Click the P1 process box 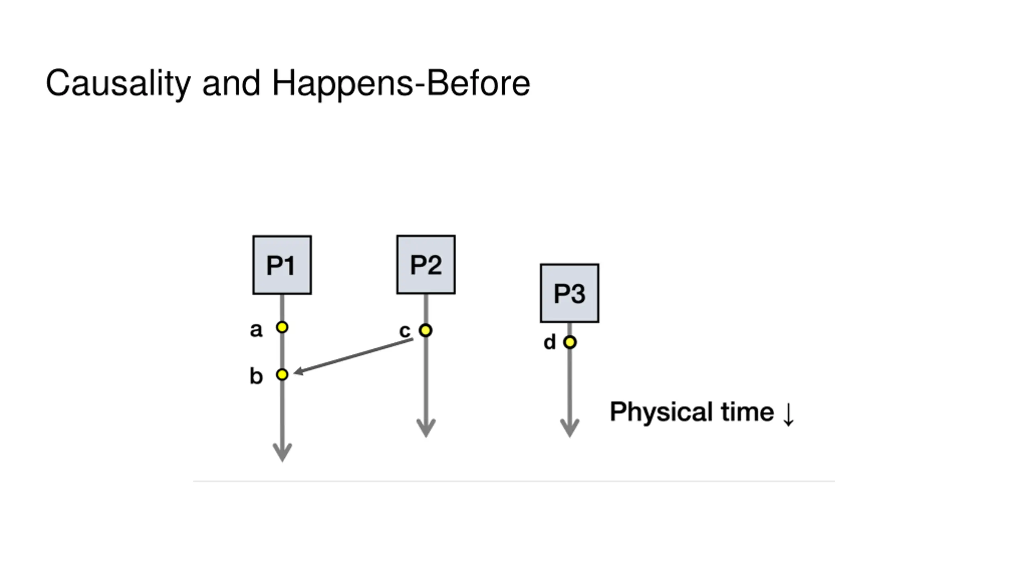(282, 265)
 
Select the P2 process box (426, 265)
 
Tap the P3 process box (569, 293)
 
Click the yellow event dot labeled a (282, 327)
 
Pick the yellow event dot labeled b (282, 374)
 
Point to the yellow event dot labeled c (425, 330)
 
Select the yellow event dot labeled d (569, 342)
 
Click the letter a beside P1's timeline (256, 330)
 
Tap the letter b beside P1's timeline (256, 376)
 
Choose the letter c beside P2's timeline (405, 331)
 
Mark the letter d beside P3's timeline (549, 342)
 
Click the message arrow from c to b (353, 356)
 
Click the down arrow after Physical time (788, 414)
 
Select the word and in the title (231, 83)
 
